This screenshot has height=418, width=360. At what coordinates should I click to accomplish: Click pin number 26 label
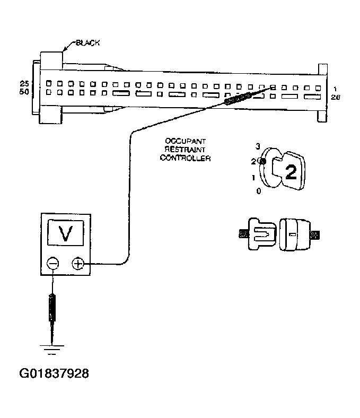point(335,97)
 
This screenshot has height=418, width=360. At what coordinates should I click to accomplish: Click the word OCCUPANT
point(185,142)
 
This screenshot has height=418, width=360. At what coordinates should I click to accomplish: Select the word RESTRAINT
point(185,150)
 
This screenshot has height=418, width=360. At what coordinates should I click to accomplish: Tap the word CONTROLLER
point(185,158)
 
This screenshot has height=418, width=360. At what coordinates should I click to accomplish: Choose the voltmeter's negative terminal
point(52,263)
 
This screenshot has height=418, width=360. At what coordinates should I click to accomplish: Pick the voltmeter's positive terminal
point(78,263)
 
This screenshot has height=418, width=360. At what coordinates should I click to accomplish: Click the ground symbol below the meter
point(52,349)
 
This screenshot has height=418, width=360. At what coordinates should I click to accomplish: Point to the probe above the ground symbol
point(52,308)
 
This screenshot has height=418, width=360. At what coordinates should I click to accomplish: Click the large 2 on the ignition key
point(290,171)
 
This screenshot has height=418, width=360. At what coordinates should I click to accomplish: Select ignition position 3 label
point(258,146)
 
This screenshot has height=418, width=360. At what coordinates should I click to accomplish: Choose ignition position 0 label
point(258,191)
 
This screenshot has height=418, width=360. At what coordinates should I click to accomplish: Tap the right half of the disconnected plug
point(295,233)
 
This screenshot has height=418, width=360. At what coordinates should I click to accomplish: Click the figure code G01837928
point(55,373)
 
